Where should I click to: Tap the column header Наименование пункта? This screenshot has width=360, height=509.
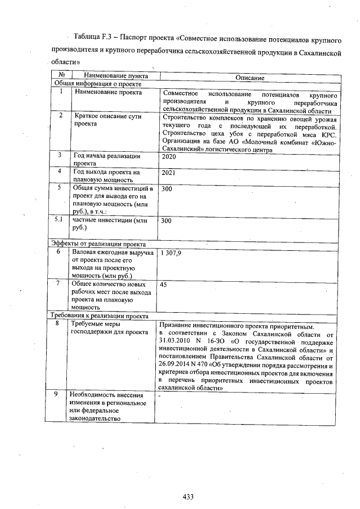(116, 75)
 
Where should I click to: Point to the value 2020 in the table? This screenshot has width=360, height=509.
(168, 157)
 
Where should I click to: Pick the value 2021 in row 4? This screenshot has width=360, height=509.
(168, 173)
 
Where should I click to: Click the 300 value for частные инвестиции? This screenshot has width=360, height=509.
(166, 222)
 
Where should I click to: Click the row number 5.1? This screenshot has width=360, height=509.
(58, 220)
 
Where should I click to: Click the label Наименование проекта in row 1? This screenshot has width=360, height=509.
(108, 92)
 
